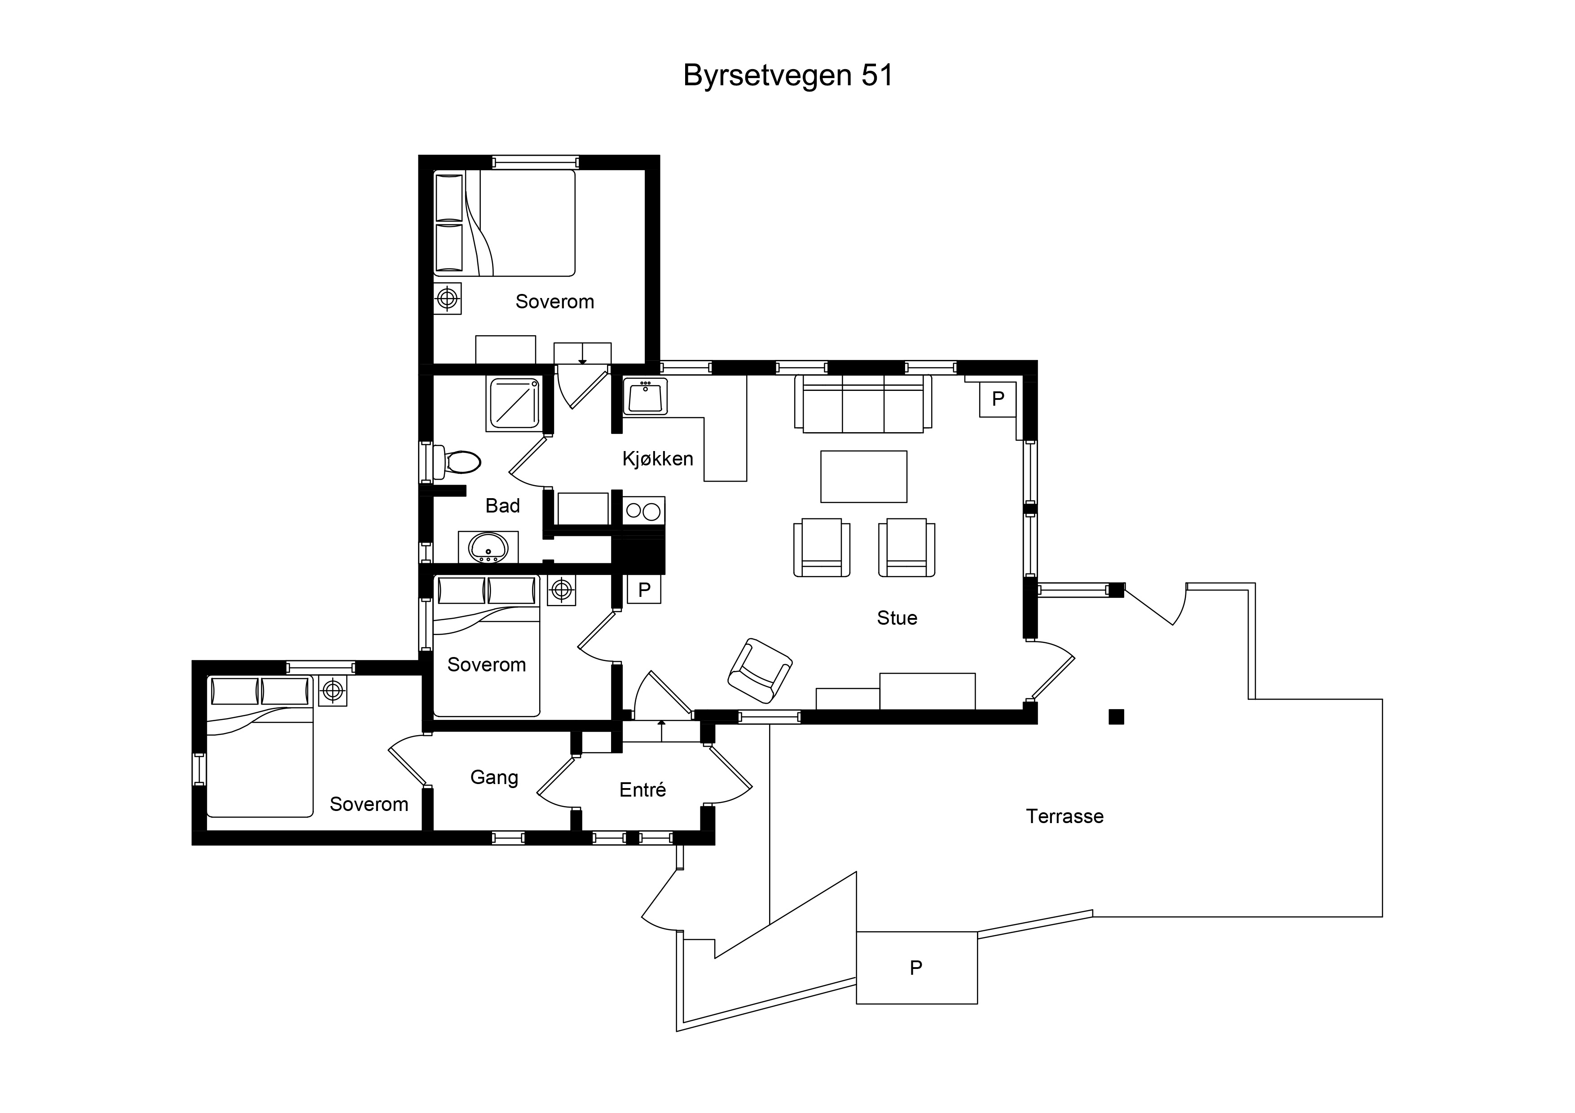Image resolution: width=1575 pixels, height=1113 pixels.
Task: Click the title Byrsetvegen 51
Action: [x=788, y=75]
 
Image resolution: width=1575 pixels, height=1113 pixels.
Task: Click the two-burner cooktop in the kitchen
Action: [x=643, y=511]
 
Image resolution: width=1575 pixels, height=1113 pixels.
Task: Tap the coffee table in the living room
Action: [x=864, y=477]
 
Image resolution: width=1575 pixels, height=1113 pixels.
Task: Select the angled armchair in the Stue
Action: [x=760, y=670]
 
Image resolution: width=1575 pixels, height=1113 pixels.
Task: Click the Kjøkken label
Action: [x=658, y=459]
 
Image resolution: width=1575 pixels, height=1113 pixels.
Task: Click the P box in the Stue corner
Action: [x=998, y=399]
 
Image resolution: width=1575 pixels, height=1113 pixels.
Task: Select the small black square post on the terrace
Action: [x=1117, y=717]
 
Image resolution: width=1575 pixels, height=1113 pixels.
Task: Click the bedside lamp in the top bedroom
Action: [x=447, y=298]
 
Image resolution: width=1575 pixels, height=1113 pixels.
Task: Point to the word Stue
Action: [x=897, y=618]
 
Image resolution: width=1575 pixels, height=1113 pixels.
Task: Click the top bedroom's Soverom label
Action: [x=554, y=302]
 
